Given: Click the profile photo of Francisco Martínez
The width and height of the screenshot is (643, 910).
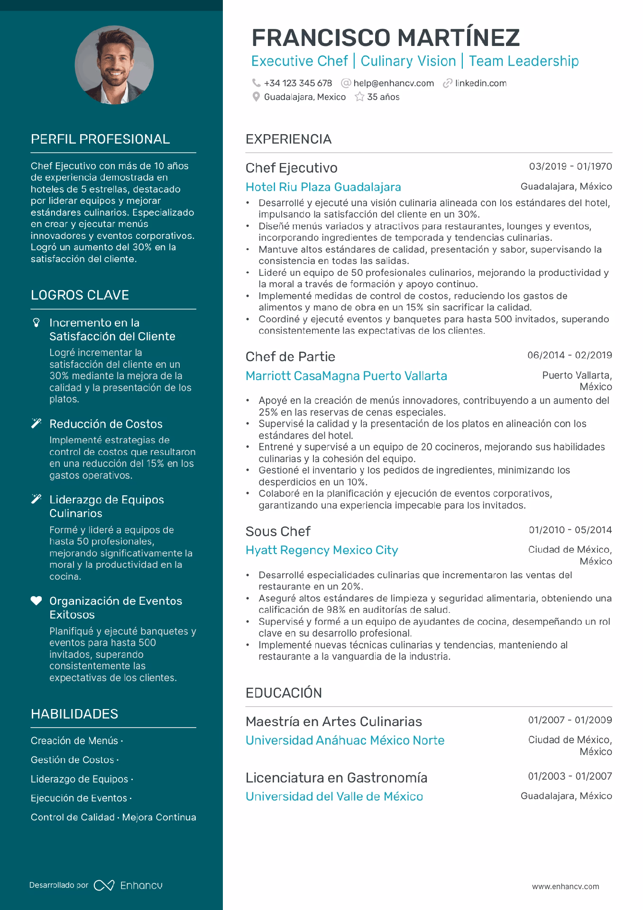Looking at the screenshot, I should [114, 65].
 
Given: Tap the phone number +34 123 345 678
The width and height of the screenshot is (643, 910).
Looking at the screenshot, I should [297, 83].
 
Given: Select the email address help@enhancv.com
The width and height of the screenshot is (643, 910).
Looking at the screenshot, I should [393, 83].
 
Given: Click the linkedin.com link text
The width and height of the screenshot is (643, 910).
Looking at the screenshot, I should [480, 83].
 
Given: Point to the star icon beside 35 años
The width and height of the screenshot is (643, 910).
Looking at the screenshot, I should [359, 97].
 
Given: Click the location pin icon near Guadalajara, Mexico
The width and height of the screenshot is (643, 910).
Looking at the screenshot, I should [256, 97].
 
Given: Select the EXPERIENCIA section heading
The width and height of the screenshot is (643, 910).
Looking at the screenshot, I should [288, 139].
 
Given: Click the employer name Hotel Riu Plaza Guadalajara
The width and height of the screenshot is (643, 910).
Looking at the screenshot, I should [323, 187].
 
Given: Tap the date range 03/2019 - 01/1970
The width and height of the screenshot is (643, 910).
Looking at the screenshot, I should [570, 166].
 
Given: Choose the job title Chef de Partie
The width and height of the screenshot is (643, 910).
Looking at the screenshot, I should [290, 356].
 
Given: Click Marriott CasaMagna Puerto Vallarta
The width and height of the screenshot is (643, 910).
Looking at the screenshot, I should [346, 376].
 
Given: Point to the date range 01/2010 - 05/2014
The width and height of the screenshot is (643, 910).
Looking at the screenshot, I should [570, 530].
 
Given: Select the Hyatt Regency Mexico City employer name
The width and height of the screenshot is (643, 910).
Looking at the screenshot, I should [321, 550].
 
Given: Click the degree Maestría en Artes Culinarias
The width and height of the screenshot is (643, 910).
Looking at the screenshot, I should [333, 721].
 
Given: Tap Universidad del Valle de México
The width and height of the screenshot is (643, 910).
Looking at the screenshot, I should [334, 796].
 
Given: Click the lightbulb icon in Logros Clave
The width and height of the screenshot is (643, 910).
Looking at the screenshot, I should [36, 323].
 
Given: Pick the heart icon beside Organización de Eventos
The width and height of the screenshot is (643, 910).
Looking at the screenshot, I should [36, 601].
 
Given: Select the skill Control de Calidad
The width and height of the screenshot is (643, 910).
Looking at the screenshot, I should [73, 817].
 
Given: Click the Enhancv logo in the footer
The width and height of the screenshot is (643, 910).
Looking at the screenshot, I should [128, 885].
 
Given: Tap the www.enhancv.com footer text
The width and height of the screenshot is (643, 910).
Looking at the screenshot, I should [565, 886].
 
